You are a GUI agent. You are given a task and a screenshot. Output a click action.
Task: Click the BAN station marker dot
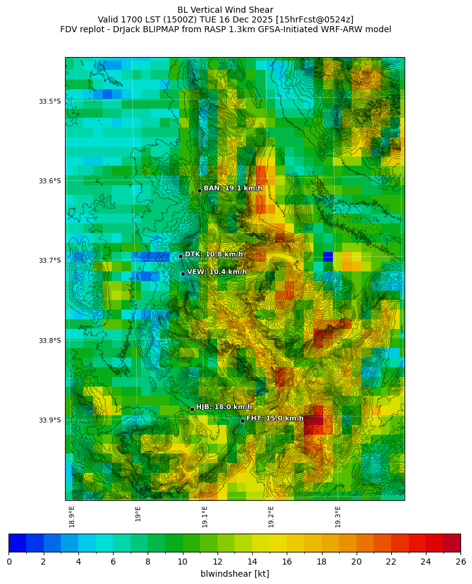click(x=199, y=191)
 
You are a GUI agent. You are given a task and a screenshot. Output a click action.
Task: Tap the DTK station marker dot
click(x=180, y=256)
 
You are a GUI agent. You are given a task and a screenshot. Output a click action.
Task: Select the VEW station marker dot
click(x=183, y=274)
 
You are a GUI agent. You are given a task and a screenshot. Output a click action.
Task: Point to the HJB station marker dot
click(x=192, y=409)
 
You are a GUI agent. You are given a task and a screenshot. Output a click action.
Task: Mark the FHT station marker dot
click(x=242, y=421)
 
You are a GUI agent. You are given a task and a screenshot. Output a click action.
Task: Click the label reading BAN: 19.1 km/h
click(x=233, y=188)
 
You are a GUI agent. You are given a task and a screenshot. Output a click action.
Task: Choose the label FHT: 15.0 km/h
click(x=275, y=418)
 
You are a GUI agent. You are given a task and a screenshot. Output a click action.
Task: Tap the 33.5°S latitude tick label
click(x=50, y=101)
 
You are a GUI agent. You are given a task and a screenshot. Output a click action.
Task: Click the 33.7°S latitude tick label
click(x=50, y=260)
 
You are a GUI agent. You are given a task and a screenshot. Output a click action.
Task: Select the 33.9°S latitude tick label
click(x=50, y=420)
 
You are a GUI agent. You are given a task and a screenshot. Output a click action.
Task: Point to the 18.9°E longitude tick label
click(x=72, y=517)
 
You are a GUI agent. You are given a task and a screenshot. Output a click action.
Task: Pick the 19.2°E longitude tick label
click(x=271, y=517)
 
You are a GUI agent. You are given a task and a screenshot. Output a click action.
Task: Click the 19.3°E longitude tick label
click(x=338, y=517)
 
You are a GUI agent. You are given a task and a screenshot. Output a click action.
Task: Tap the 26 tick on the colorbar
click(x=460, y=562)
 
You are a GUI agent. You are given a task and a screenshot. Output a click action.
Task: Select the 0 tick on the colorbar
click(x=9, y=562)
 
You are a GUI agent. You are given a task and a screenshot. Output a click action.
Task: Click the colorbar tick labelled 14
click(x=252, y=562)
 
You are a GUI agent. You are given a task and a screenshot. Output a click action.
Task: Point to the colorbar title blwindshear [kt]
click(x=234, y=574)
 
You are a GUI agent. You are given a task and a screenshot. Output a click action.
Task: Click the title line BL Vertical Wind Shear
click(x=225, y=10)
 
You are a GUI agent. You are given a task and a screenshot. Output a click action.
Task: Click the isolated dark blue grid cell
click(x=328, y=257)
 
